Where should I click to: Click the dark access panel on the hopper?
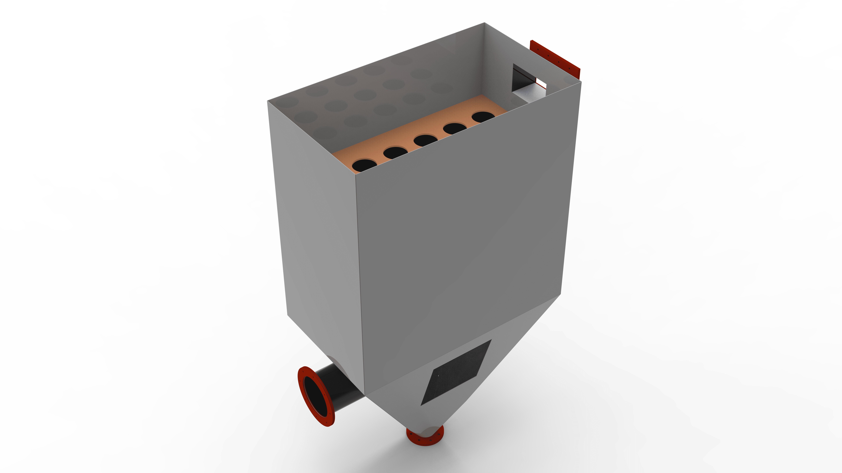point(456,372)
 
